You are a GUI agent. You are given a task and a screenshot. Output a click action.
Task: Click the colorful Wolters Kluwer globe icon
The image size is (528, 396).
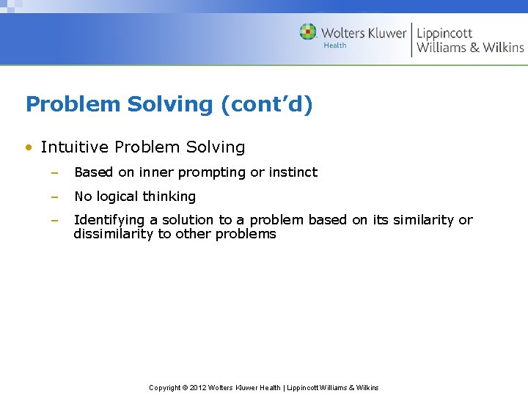pos(308,32)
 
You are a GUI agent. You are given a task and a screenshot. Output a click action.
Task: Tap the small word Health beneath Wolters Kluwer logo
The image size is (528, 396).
pos(334,45)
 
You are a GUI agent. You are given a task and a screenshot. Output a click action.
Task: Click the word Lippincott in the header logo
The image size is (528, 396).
pos(444,33)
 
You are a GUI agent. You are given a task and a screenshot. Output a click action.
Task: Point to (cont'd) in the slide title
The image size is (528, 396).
pos(267,104)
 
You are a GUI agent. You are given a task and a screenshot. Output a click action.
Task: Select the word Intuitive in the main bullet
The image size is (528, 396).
pos(75,147)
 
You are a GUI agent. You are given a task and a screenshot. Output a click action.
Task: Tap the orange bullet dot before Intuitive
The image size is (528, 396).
pos(27,147)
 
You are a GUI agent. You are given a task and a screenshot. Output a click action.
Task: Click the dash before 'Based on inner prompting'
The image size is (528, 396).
pos(54,172)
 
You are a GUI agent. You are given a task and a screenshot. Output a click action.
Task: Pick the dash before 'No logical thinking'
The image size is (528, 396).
pos(54,197)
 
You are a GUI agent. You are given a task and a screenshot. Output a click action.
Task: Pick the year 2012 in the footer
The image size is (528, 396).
pos(199,387)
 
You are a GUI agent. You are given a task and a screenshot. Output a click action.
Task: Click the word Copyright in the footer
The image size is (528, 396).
pos(165,387)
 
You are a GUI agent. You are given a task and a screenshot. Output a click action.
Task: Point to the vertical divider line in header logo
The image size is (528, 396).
pos(411,40)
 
